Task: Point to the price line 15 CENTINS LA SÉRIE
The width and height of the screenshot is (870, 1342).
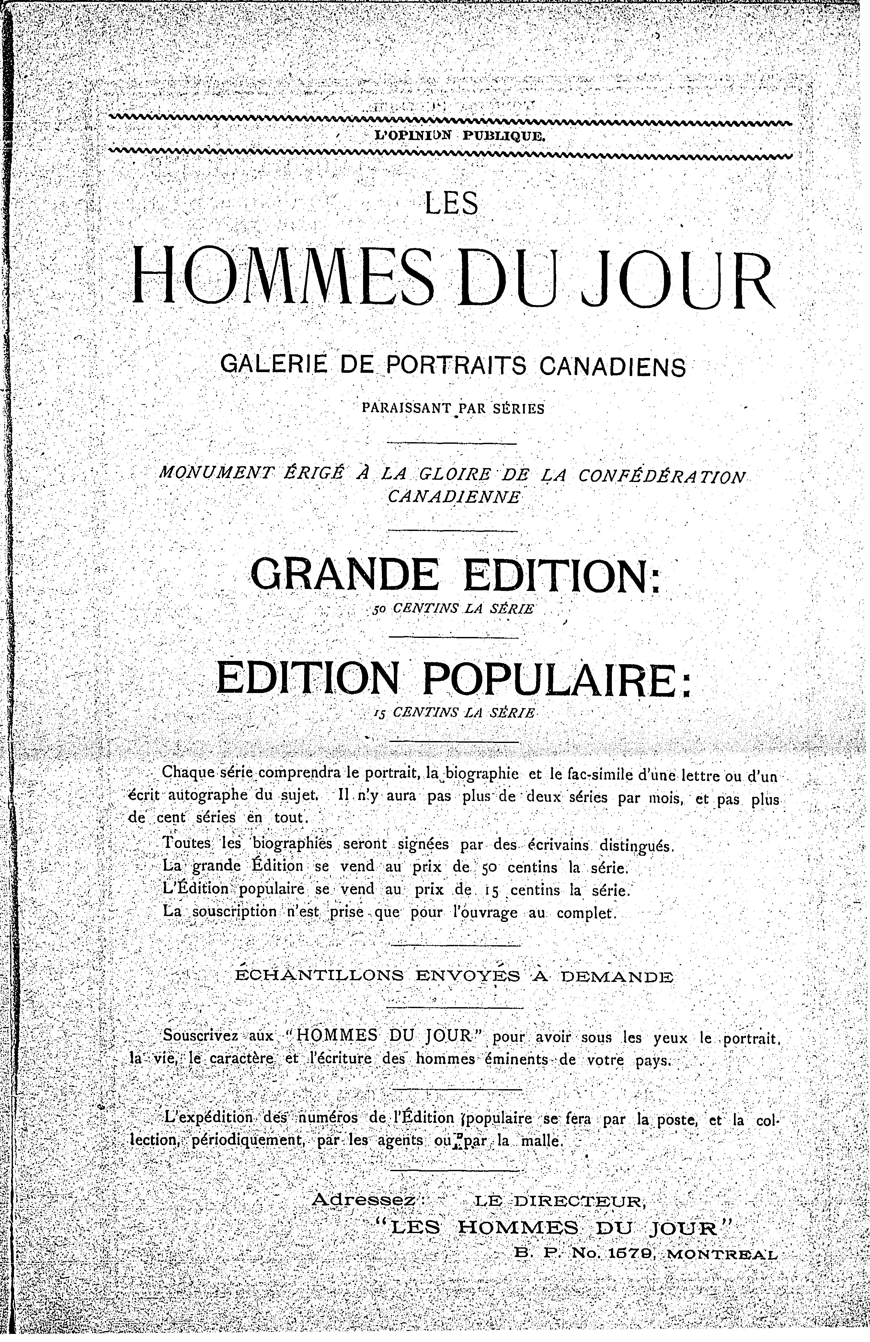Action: point(453,713)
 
